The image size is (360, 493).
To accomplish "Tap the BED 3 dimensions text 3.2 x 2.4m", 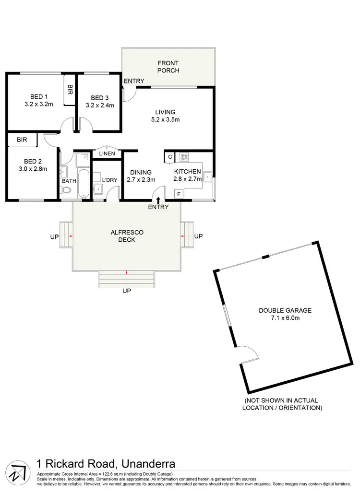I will tap(100, 105).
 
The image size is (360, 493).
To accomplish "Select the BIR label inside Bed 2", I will tap(22, 140).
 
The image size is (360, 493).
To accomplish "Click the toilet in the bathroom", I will tap(66, 190).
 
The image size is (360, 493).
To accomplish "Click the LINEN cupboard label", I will tap(107, 154).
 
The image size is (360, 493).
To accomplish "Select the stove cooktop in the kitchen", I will tap(184, 157).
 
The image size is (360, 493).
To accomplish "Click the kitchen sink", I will tap(207, 176).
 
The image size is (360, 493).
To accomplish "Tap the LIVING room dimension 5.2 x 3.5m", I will tap(165, 120).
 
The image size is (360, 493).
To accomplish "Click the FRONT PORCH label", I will tap(168, 67).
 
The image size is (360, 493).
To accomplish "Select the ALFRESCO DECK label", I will tap(127, 236).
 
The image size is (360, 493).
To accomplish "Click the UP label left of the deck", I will tap(54, 236).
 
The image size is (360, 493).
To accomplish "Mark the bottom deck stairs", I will tap(127, 279).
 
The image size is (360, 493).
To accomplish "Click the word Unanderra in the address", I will tap(148, 464).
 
